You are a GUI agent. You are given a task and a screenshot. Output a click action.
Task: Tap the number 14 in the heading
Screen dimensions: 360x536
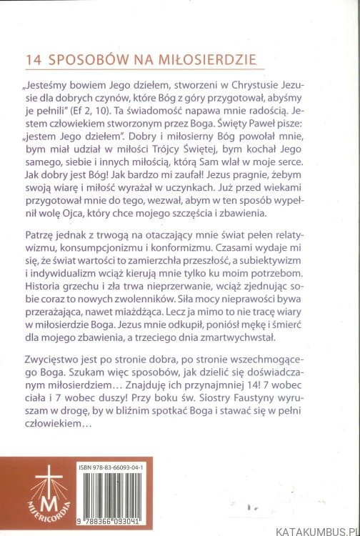(x=33, y=59)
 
